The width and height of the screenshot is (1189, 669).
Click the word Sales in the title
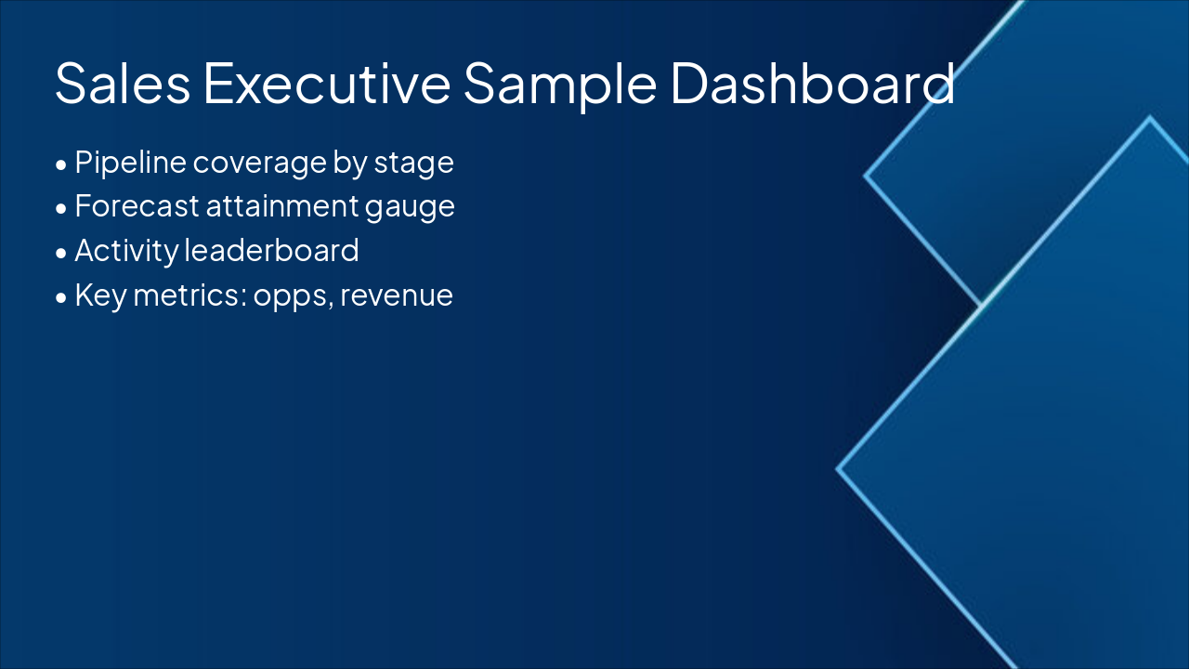tap(123, 83)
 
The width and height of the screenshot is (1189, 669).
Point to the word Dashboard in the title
tap(813, 83)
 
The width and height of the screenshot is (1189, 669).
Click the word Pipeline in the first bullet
tap(131, 163)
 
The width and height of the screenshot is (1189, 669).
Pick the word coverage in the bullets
tap(259, 164)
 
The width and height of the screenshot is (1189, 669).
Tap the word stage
tap(414, 164)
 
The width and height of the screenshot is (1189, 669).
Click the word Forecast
tap(137, 206)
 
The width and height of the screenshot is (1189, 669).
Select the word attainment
tap(282, 206)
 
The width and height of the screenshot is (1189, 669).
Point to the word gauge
tap(410, 209)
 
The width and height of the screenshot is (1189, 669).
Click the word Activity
tap(127, 252)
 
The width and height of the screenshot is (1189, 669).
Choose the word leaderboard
tap(272, 250)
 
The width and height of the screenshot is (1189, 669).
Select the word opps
tap(293, 298)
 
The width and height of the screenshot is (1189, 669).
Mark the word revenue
tap(397, 296)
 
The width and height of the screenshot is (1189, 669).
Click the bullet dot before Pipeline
tap(61, 165)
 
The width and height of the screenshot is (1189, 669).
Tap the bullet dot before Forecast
tap(61, 209)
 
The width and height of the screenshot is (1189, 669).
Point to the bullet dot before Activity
tap(61, 253)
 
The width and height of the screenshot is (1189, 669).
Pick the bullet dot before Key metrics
tap(61, 297)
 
